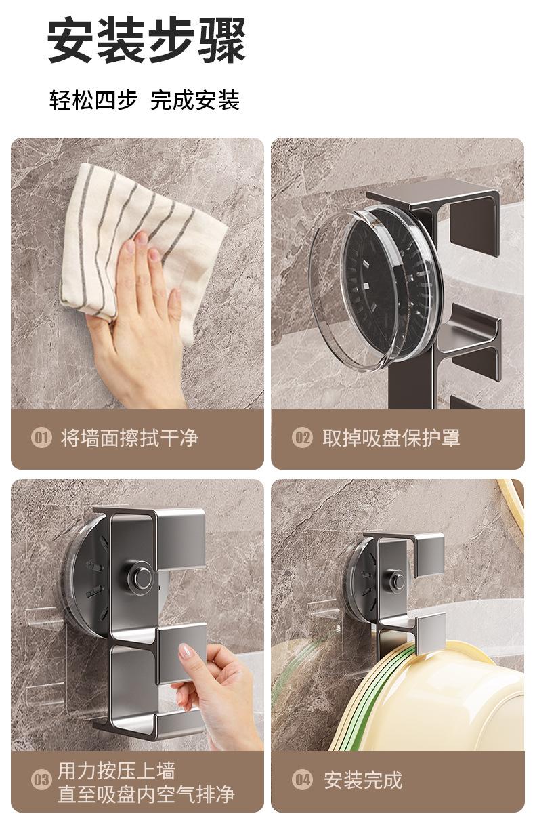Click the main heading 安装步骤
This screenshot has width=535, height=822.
click(x=146, y=41)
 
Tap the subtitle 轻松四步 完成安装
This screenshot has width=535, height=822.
click(x=144, y=100)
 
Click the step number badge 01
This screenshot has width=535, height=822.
click(x=41, y=438)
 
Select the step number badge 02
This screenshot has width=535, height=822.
click(x=302, y=438)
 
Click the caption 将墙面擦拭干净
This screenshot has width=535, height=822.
click(x=130, y=438)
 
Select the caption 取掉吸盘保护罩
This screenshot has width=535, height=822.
click(x=391, y=438)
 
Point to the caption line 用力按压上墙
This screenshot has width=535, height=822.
click(x=116, y=770)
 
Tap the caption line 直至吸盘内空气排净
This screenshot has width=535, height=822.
click(x=146, y=794)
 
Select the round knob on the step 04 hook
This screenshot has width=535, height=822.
click(x=397, y=580)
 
